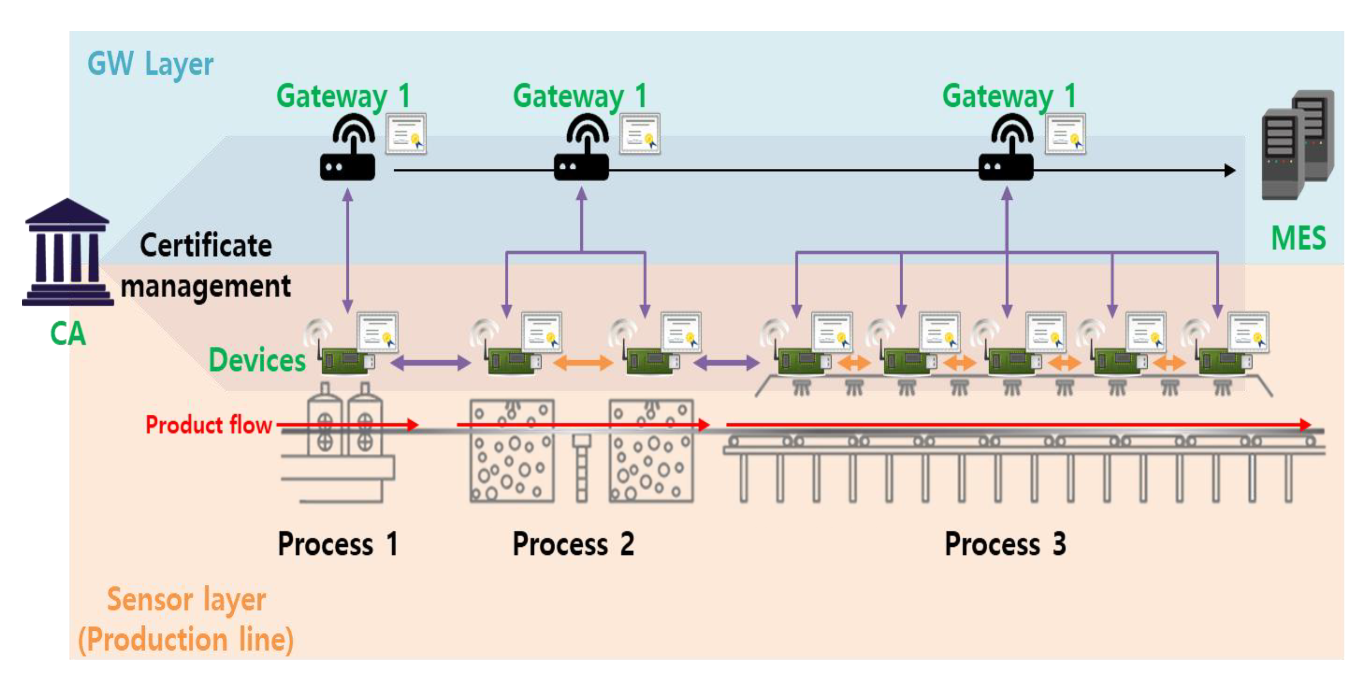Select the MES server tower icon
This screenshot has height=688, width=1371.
coord(1297,144)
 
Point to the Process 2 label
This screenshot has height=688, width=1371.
coord(573,544)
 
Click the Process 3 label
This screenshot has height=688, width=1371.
coord(1005,544)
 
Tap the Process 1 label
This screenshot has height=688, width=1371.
coord(338,544)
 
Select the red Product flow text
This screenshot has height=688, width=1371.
coord(209,425)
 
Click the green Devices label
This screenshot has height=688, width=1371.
coord(257,360)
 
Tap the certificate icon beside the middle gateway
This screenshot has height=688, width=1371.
coord(640,134)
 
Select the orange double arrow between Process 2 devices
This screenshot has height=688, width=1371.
coord(583,363)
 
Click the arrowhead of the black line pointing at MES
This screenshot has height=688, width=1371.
coord(1229,171)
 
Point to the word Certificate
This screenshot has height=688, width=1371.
coord(206,246)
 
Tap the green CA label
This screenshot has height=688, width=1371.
coord(68,333)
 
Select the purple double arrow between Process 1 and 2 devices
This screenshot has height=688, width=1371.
coord(431,363)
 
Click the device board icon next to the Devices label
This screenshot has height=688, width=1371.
coord(347,361)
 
